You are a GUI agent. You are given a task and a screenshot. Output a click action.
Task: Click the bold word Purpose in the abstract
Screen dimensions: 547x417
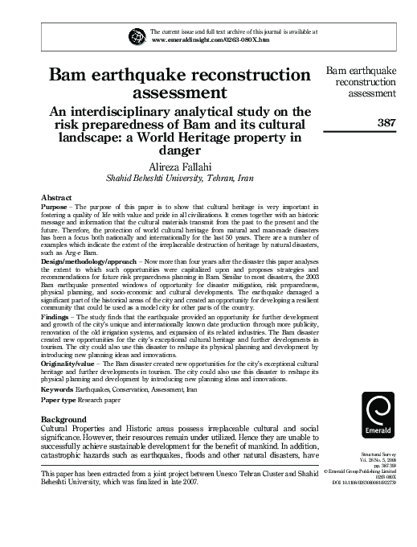[x=55, y=208]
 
